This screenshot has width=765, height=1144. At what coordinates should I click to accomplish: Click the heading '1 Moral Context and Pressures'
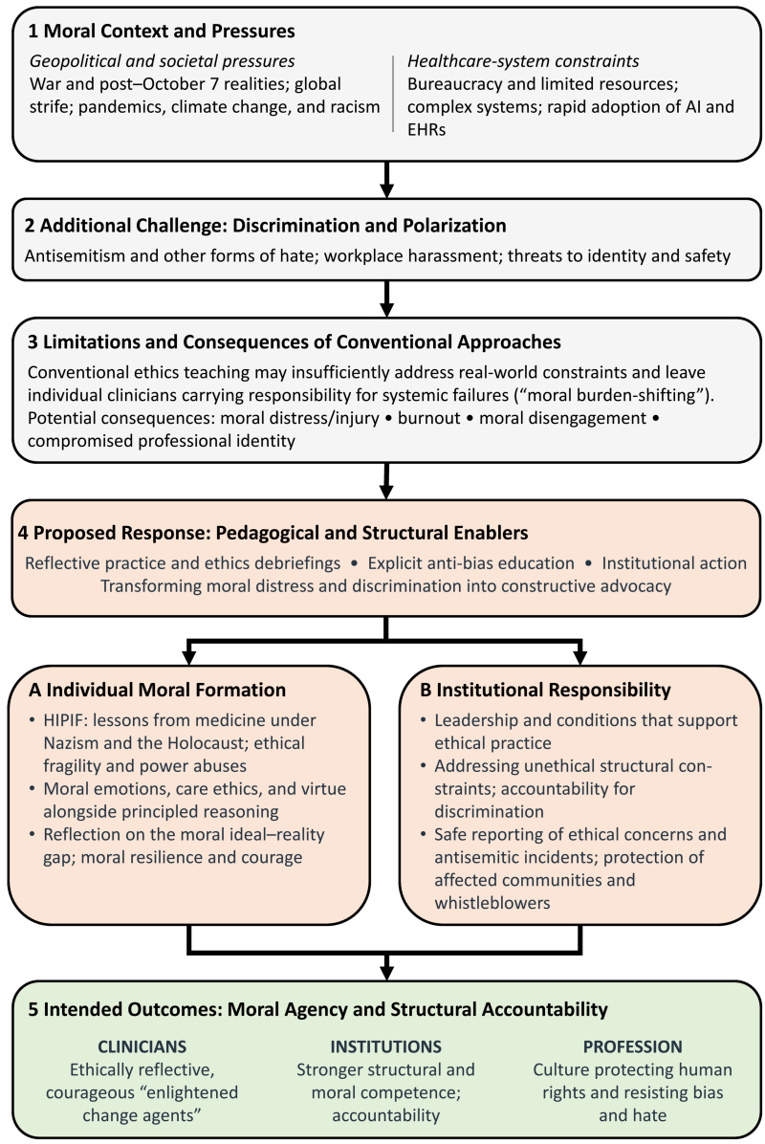[162, 32]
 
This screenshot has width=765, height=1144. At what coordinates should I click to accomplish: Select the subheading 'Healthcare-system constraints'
[523, 61]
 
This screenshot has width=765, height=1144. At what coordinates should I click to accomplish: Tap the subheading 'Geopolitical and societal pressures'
[162, 61]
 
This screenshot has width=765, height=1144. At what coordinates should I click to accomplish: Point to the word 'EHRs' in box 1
[426, 130]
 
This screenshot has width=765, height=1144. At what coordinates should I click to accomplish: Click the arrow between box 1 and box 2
[386, 180]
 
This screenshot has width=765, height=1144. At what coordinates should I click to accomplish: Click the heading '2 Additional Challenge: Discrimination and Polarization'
[266, 226]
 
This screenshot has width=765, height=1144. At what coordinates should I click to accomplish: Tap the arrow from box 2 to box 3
[386, 298]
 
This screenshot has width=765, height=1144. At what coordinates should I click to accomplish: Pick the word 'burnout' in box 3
[428, 418]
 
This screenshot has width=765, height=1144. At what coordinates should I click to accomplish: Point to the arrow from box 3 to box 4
[386, 481]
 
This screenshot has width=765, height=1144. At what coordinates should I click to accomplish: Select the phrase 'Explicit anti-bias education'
[471, 563]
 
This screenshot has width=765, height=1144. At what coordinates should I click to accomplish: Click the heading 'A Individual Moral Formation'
[158, 691]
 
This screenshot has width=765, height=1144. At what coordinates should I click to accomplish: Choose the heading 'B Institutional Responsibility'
[545, 691]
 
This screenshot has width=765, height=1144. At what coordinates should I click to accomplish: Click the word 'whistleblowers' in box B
[492, 903]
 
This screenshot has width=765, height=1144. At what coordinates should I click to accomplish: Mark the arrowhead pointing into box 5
[386, 971]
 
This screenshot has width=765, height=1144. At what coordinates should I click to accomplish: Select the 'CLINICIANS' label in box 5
[142, 1047]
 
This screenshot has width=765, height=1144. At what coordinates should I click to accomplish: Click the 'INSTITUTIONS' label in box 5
[385, 1047]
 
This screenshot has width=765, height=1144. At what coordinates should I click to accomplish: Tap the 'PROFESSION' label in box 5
[632, 1047]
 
